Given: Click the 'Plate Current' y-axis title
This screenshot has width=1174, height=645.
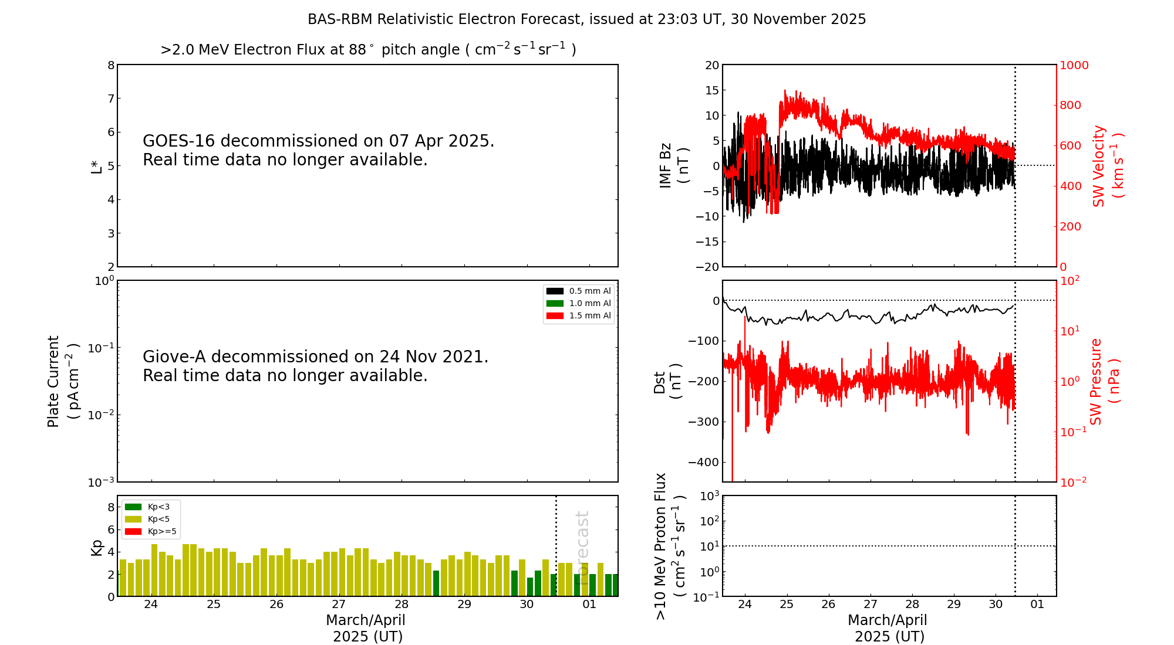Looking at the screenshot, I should click(x=54, y=381).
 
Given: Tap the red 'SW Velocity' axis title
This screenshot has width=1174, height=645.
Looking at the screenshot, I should click(x=1099, y=166).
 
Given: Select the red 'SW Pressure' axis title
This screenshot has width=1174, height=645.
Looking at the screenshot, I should click(x=1097, y=381).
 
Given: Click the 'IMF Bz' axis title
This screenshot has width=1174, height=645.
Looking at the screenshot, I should click(x=666, y=166).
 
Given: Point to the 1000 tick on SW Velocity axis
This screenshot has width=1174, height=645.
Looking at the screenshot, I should click(x=1074, y=65).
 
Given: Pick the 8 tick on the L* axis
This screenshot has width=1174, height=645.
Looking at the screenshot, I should click(x=111, y=65).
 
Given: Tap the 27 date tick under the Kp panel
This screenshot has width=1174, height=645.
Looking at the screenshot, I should click(x=339, y=605).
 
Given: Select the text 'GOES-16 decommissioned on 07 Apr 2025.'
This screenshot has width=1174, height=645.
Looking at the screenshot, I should click(x=318, y=141).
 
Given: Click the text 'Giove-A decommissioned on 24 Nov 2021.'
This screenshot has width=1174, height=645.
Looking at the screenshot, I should click(x=315, y=357).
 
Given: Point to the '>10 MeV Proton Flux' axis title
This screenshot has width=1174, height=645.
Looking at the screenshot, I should click(x=661, y=546).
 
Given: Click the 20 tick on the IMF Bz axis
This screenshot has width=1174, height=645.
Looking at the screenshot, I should click(x=711, y=65).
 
